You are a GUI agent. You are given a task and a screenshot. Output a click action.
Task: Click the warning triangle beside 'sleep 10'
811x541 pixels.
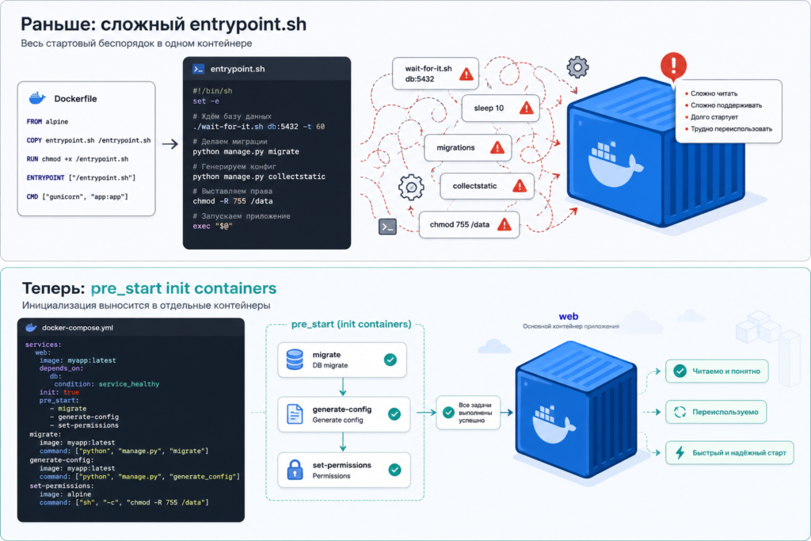click(x=526, y=108)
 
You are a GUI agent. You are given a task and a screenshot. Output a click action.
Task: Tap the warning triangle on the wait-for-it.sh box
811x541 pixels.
click(x=466, y=74)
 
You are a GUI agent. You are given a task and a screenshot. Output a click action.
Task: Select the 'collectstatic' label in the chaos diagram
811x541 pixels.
click(x=474, y=185)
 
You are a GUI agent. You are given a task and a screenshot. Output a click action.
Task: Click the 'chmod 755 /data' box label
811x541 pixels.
click(x=459, y=224)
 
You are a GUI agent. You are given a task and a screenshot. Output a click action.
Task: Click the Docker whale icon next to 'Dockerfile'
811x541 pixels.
click(x=37, y=97)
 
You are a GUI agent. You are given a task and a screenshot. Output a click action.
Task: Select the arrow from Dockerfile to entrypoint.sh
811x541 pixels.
click(x=169, y=144)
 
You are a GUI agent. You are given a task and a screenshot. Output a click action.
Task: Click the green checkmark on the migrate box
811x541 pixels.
click(x=390, y=360)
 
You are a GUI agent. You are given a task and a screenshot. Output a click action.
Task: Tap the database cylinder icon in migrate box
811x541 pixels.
click(x=295, y=360)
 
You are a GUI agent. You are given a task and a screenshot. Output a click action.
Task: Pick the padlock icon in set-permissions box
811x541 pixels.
click(x=295, y=470)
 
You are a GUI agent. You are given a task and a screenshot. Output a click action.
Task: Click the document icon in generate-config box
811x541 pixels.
click(x=295, y=414)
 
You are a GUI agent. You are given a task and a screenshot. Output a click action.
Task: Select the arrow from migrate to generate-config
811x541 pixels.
click(x=343, y=387)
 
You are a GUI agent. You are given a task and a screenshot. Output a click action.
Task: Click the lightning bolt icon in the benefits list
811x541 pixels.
click(x=680, y=452)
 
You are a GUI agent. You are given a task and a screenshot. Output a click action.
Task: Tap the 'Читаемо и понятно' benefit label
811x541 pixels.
click(x=726, y=371)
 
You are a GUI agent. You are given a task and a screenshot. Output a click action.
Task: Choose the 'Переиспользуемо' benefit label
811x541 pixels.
click(x=725, y=412)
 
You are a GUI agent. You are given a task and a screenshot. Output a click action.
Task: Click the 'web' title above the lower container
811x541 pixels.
click(x=569, y=316)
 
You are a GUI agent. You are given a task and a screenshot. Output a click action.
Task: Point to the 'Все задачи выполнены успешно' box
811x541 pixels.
click(x=469, y=413)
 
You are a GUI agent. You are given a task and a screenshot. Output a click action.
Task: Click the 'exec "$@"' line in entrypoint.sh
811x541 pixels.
click(x=212, y=226)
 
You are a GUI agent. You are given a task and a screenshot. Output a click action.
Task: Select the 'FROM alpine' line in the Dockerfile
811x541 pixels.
click(x=47, y=121)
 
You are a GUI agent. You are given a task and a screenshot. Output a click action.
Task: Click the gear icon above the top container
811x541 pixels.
click(x=577, y=67)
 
